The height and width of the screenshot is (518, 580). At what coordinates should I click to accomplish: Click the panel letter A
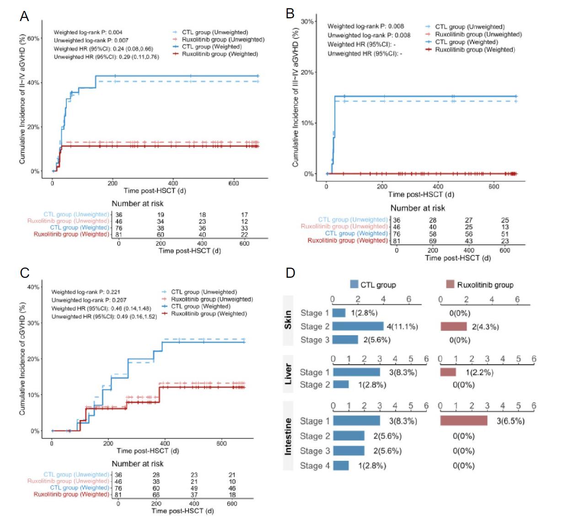[x=24, y=16]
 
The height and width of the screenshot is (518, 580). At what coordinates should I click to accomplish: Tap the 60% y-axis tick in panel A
[x=33, y=38]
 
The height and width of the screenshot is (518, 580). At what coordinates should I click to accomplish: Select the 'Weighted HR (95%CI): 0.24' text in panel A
[x=103, y=49]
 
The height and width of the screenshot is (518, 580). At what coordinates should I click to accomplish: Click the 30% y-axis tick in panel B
[x=307, y=22]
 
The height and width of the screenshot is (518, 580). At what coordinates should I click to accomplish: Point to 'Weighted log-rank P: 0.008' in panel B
[x=365, y=27]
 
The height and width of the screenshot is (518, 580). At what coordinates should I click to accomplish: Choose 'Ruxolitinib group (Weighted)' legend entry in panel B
[x=474, y=50]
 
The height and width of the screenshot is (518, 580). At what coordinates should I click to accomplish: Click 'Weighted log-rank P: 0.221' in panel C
[x=86, y=292]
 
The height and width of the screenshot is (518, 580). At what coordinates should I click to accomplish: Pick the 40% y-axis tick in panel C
[x=33, y=287]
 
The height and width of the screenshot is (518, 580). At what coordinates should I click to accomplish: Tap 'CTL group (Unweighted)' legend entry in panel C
[x=204, y=292]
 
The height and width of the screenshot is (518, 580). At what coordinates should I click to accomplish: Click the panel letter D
[x=290, y=273]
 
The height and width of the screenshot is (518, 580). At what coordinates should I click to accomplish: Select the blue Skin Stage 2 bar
[x=358, y=326]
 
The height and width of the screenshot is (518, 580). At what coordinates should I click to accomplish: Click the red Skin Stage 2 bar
[x=453, y=327]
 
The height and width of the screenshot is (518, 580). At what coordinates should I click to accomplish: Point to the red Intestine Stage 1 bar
[x=463, y=421]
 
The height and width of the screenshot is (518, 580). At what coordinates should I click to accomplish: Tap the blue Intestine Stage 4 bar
[x=341, y=466]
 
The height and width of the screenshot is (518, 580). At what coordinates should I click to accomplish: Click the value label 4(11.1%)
[x=403, y=327]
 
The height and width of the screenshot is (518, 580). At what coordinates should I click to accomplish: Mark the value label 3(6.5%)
[x=510, y=421]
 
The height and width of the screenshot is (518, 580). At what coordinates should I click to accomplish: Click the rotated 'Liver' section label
[x=288, y=374]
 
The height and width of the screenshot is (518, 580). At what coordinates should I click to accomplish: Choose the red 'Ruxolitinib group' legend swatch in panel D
[x=450, y=285]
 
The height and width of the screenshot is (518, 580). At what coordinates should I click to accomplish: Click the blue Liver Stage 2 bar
[x=341, y=385]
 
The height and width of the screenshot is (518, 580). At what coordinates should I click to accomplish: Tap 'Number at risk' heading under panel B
[x=417, y=208]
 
